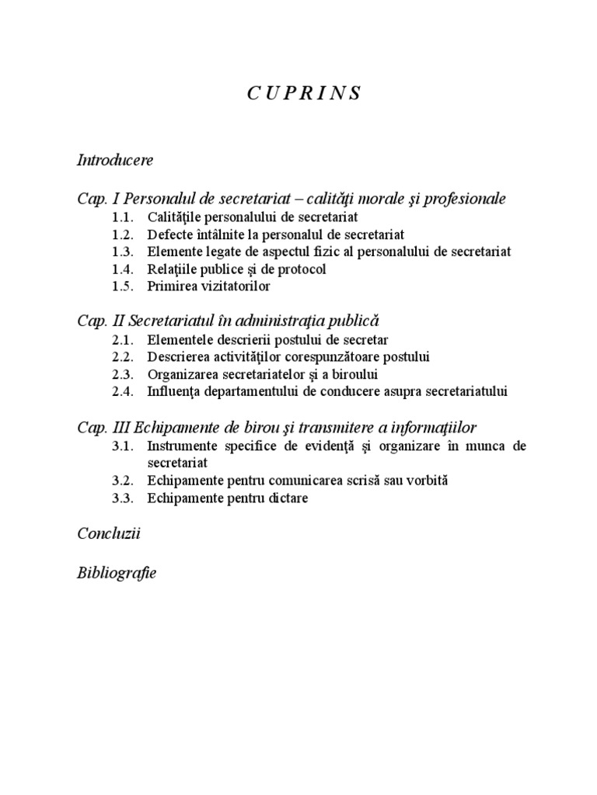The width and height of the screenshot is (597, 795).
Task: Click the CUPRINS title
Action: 305,94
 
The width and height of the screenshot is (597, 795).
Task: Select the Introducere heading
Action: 116,160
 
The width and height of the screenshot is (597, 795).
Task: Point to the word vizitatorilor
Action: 232,286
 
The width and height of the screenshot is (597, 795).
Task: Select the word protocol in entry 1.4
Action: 302,269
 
